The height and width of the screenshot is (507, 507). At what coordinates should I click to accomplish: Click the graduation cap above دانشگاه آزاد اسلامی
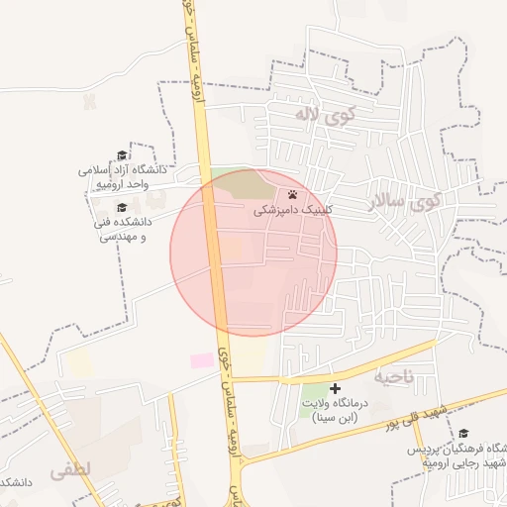click(122, 155)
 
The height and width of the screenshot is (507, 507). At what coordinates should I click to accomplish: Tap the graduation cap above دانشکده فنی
click(122, 207)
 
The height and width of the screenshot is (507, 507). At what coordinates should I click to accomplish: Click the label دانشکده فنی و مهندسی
click(122, 230)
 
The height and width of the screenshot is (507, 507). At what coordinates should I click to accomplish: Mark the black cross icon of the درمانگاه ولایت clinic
click(335, 388)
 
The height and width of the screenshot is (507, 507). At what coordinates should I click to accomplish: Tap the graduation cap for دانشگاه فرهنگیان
click(463, 433)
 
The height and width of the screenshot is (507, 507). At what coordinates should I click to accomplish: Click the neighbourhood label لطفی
click(68, 470)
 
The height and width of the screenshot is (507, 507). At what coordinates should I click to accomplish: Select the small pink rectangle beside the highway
click(202, 360)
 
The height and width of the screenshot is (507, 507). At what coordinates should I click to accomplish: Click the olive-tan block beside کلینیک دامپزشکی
click(241, 184)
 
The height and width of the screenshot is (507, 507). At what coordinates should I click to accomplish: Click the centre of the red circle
click(253, 253)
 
